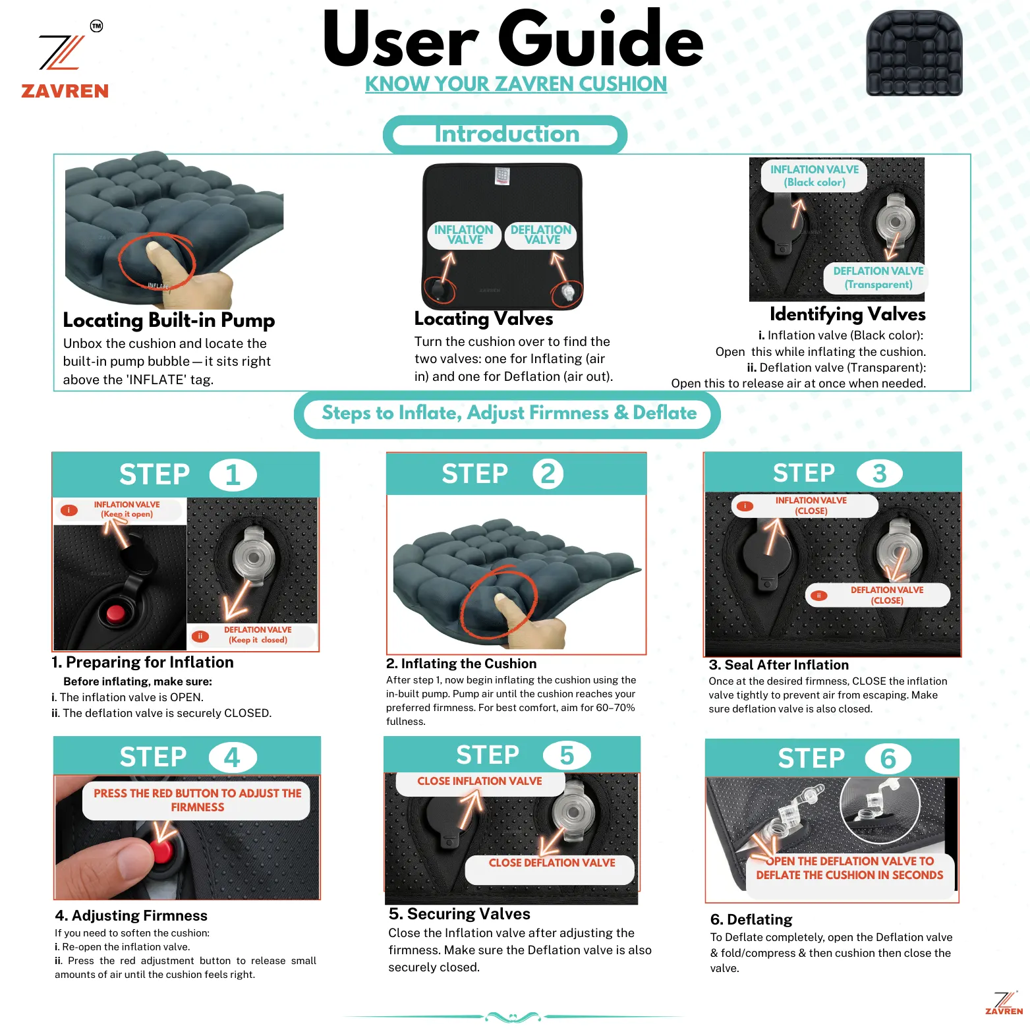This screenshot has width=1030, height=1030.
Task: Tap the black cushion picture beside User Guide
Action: [914, 53]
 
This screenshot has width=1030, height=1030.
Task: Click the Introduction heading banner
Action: [505, 135]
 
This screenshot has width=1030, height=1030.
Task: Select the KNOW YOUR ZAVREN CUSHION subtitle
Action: [516, 84]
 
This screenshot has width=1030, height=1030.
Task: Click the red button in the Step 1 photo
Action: [116, 613]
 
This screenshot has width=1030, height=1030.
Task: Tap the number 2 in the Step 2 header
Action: [548, 474]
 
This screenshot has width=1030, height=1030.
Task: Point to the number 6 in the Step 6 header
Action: [888, 758]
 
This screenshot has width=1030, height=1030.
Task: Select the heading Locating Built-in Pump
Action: [169, 320]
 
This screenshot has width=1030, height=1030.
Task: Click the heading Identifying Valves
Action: [847, 314]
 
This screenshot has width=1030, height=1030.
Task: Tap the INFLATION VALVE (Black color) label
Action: [815, 176]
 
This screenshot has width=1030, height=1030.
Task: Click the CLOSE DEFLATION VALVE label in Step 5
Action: [551, 864]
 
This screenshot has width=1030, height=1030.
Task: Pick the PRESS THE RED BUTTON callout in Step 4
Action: [197, 800]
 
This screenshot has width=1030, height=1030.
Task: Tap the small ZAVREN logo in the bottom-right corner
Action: [1004, 1002]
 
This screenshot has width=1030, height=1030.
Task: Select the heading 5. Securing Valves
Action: [459, 914]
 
